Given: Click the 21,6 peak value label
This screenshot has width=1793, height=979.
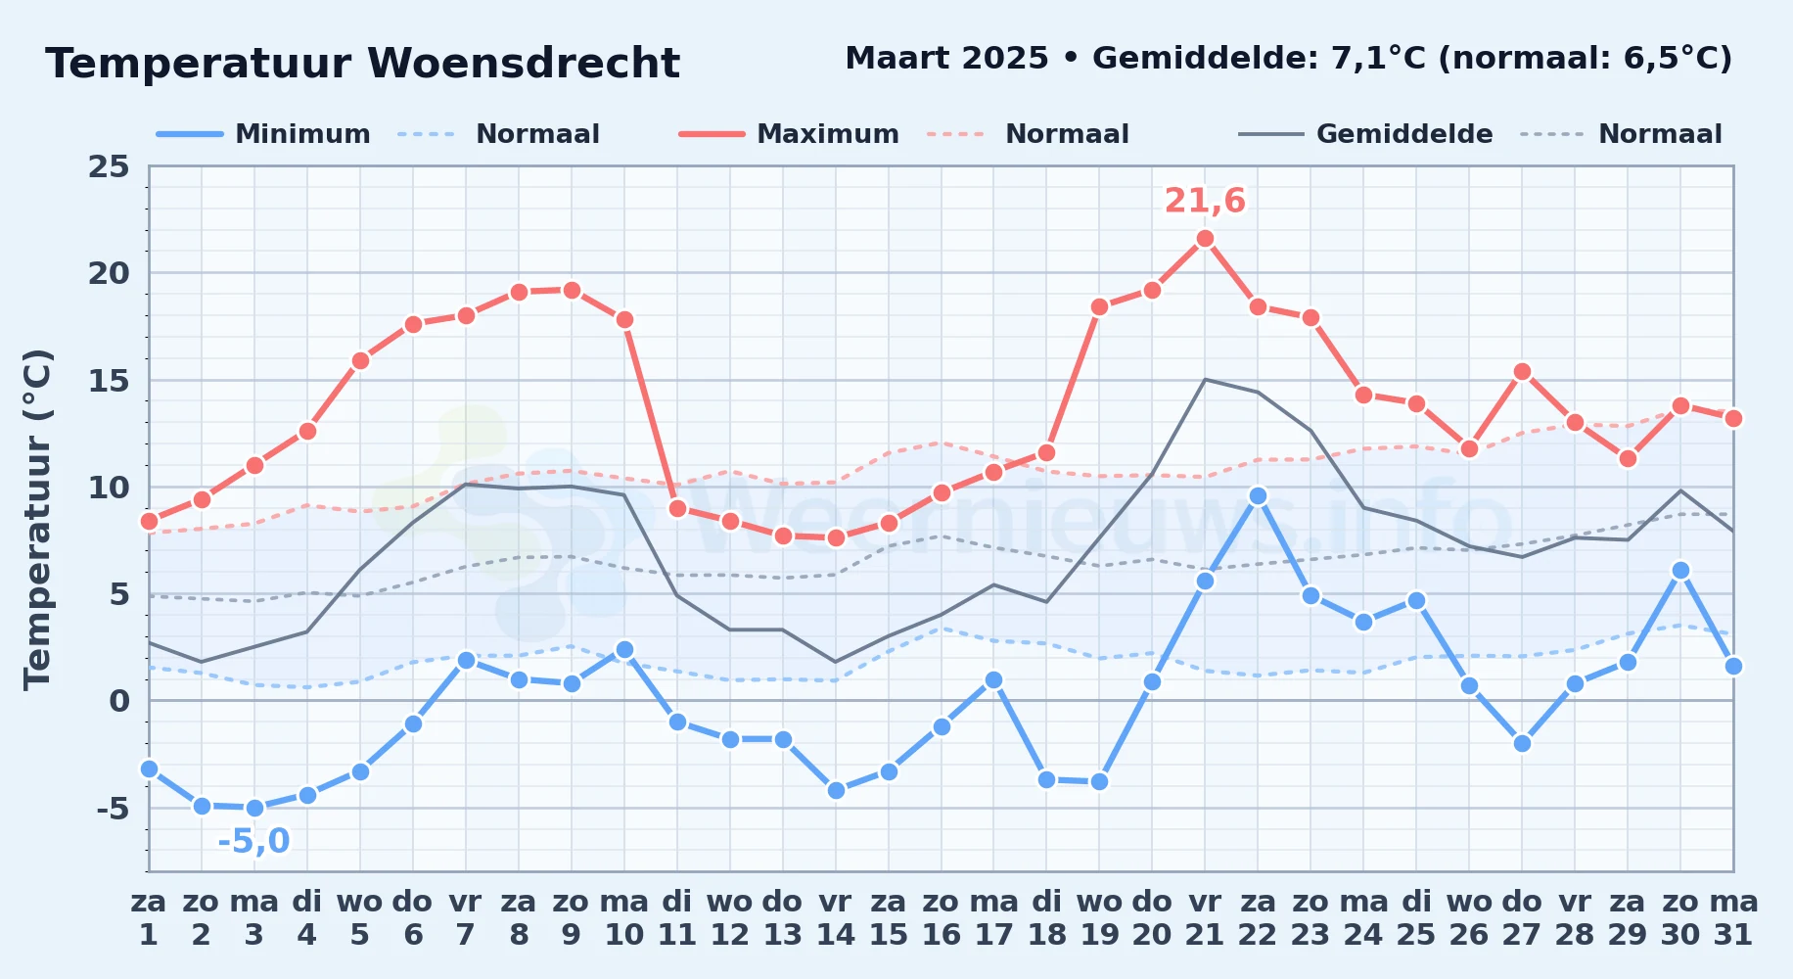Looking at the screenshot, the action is click(x=1205, y=201).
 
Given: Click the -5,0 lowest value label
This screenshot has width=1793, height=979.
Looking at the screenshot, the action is click(x=253, y=841).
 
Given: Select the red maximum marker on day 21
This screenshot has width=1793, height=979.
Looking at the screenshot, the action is click(x=1205, y=238).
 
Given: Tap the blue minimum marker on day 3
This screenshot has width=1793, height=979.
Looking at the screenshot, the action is click(x=254, y=808).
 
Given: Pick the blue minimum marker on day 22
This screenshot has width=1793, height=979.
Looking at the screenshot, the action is click(x=1258, y=495).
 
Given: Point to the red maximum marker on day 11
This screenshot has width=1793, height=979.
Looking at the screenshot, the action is click(x=677, y=508).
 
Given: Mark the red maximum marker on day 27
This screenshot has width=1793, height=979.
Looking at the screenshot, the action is click(x=1522, y=371).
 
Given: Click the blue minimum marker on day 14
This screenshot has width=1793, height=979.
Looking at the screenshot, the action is click(x=836, y=790).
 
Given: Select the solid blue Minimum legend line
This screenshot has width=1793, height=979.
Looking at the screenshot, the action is click(x=190, y=134).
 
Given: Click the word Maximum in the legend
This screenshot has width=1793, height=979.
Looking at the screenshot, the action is click(x=828, y=134).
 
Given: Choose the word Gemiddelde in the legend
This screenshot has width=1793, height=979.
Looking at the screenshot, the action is click(x=1404, y=134).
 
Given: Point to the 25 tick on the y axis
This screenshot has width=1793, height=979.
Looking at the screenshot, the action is click(x=109, y=166).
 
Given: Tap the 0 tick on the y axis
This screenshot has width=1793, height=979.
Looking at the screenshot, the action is click(x=119, y=701).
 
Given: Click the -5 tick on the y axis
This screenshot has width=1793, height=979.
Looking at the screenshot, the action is click(x=114, y=809).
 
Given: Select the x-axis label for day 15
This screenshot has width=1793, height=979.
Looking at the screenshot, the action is click(x=889, y=918).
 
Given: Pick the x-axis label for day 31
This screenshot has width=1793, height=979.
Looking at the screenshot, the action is click(x=1733, y=918).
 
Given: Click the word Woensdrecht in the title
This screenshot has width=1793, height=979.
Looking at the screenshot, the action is click(x=524, y=64).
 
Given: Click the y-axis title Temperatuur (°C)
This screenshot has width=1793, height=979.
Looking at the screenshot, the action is click(x=38, y=519).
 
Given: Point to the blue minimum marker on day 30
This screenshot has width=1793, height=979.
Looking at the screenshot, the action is click(x=1680, y=570).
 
